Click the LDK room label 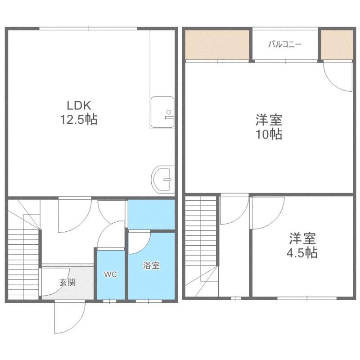tap(79, 105)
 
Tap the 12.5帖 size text tap(79, 119)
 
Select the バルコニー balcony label tap(285, 44)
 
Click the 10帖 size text tap(269, 134)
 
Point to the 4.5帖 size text tap(302, 253)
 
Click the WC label tap(110, 274)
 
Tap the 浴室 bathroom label tap(151, 265)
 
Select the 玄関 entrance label tap(67, 282)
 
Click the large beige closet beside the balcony tap(217, 45)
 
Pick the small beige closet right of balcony tap(337, 45)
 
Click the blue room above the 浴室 tap(151, 214)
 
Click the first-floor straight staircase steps tap(23, 264)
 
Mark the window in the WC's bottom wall tap(109, 301)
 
